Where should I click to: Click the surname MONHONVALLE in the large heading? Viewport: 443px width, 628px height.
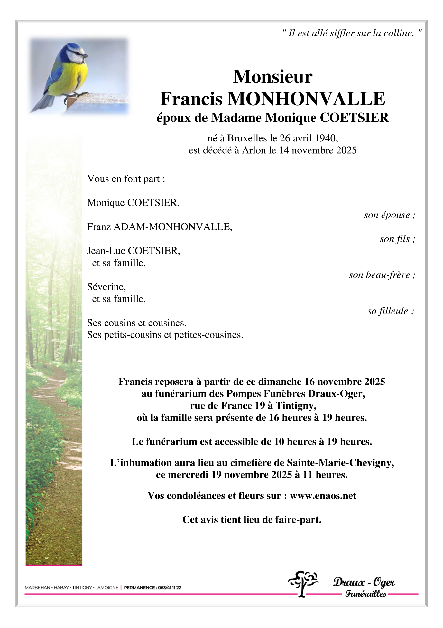306,99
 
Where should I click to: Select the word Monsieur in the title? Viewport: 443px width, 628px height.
272,77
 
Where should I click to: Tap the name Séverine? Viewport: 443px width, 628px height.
106,287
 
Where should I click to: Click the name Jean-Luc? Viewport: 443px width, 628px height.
106,251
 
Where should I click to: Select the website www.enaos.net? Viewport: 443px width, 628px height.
323,496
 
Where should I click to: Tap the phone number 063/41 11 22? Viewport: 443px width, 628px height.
169,588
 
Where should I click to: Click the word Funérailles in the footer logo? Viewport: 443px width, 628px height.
365,594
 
